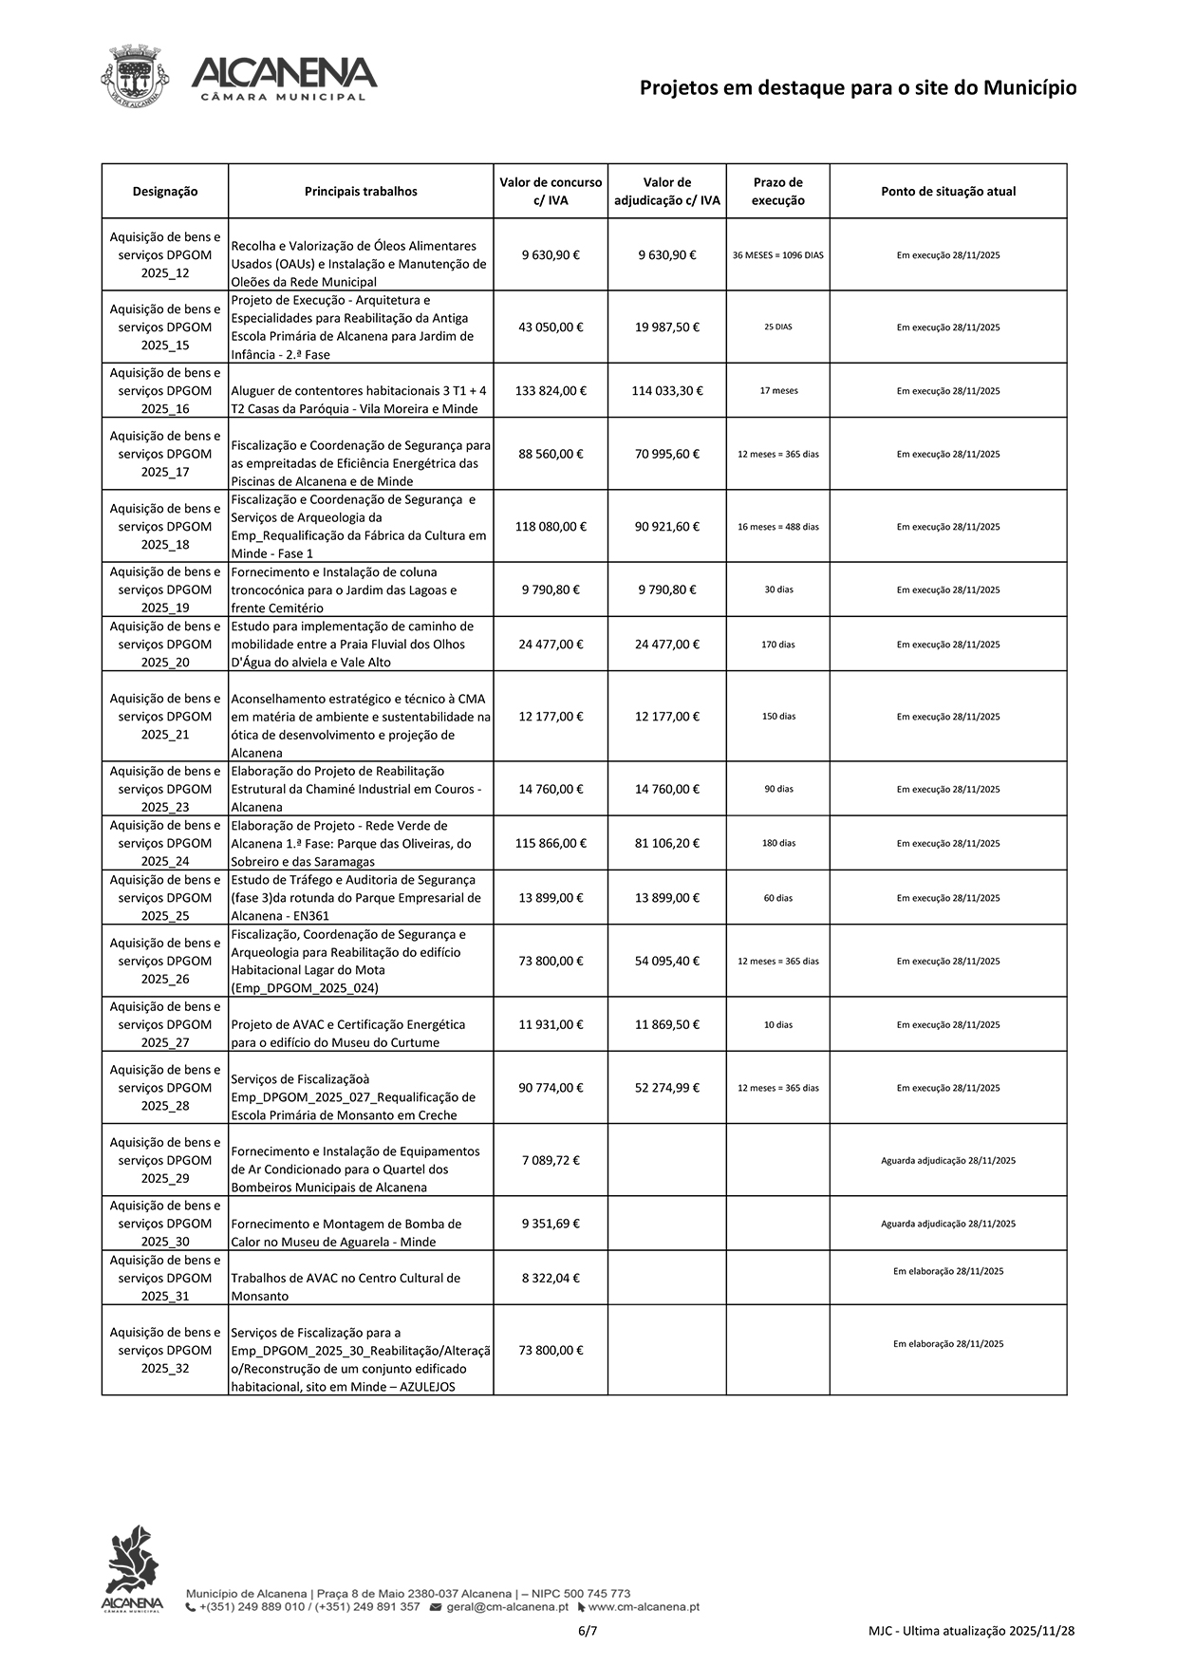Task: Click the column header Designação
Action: [165, 192]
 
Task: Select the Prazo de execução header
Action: [777, 192]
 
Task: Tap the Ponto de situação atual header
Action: [947, 192]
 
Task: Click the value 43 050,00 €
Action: [551, 327]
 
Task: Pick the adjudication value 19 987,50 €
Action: [666, 327]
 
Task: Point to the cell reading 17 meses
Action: [778, 391]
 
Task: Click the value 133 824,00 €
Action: [551, 391]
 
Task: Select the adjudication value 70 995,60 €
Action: [666, 455]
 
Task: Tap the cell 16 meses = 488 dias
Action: [778, 527]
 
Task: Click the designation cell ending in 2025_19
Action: [165, 590]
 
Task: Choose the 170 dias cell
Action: [778, 645]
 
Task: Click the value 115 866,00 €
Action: [551, 844]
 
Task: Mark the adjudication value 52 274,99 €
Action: [666, 1089]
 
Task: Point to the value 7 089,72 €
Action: [551, 1161]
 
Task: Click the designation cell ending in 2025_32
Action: [165, 1351]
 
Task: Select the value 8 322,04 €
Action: [551, 1279]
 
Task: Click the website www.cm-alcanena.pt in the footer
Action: [643, 1607]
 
